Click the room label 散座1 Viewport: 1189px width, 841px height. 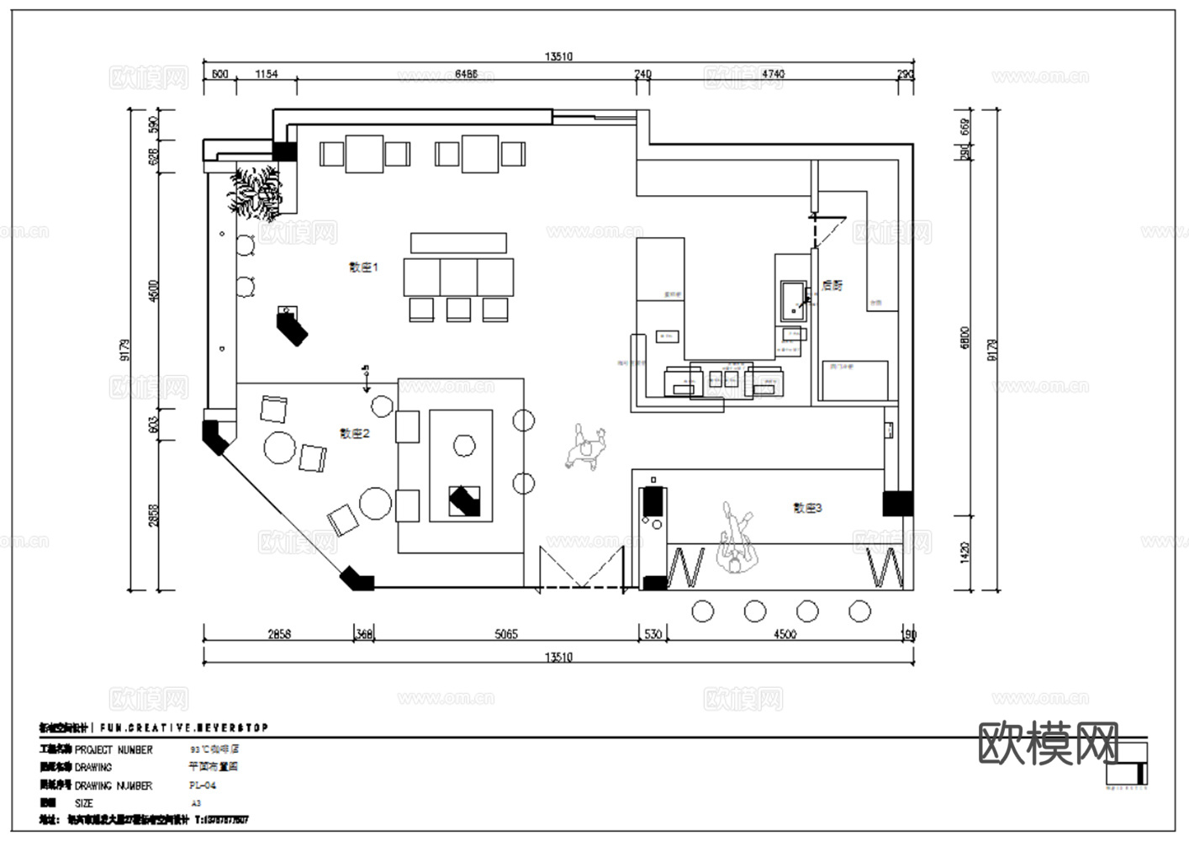(x=364, y=267)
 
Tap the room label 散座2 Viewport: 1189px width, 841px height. (x=354, y=434)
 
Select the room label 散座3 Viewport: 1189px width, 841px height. (x=807, y=508)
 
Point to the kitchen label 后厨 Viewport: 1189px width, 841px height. (x=832, y=286)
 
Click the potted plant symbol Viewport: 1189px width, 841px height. (x=256, y=192)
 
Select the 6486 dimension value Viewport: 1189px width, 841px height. (x=466, y=74)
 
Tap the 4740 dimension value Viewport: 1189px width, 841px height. (x=773, y=74)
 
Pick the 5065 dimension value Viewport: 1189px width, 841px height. (x=505, y=634)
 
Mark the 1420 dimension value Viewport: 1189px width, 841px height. (x=964, y=553)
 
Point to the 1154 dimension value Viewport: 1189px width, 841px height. (x=266, y=74)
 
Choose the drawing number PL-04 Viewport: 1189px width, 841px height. (x=203, y=785)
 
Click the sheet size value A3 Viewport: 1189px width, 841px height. (x=196, y=803)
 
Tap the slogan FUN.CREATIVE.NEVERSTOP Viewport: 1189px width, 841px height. (x=184, y=727)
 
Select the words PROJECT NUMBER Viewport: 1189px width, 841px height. (x=114, y=749)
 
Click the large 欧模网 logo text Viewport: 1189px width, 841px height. (x=1049, y=743)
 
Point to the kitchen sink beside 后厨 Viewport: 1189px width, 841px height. (x=793, y=301)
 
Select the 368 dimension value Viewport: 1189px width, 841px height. (x=364, y=634)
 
